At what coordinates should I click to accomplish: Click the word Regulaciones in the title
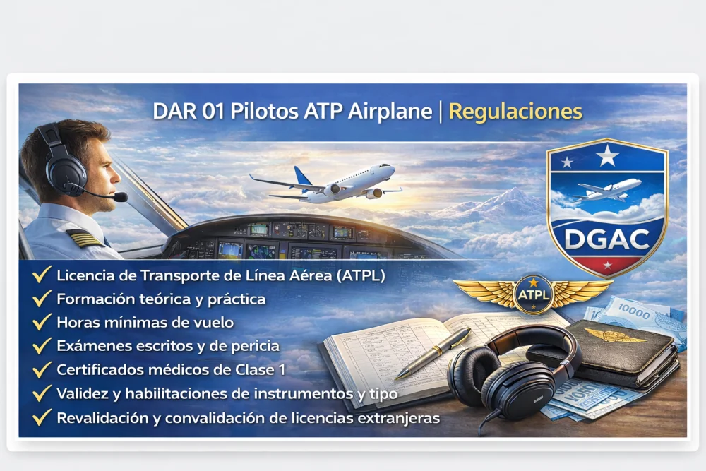coord(515,112)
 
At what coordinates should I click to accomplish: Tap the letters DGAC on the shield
coord(607,239)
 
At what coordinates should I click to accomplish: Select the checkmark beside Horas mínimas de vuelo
coord(42,322)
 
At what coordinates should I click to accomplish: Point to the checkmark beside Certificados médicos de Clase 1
coord(42,369)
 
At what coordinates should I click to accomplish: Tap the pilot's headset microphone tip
coord(121,197)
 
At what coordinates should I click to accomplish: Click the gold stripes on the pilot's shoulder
coord(84,239)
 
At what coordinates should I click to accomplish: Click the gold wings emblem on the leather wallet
coord(615,335)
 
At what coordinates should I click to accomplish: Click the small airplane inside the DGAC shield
coord(607,189)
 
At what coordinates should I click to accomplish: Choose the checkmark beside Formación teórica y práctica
coord(42,299)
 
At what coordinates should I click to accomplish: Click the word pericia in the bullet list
coord(253,346)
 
